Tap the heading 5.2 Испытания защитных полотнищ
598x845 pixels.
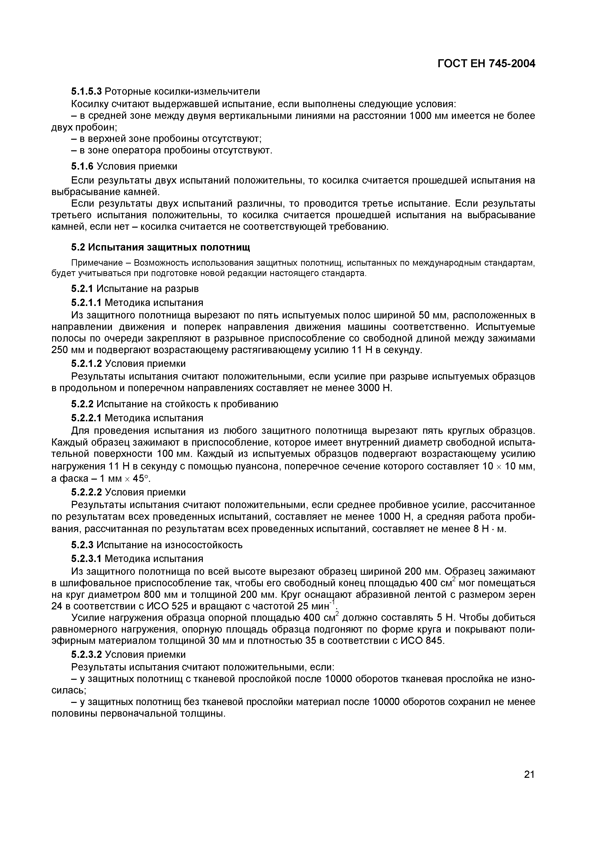click(160, 247)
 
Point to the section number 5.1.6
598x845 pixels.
click(82, 166)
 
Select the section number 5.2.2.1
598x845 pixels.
click(86, 418)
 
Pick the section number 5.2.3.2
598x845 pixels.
click(86, 654)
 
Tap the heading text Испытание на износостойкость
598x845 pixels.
click(170, 545)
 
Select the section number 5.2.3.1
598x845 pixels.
click(86, 559)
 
